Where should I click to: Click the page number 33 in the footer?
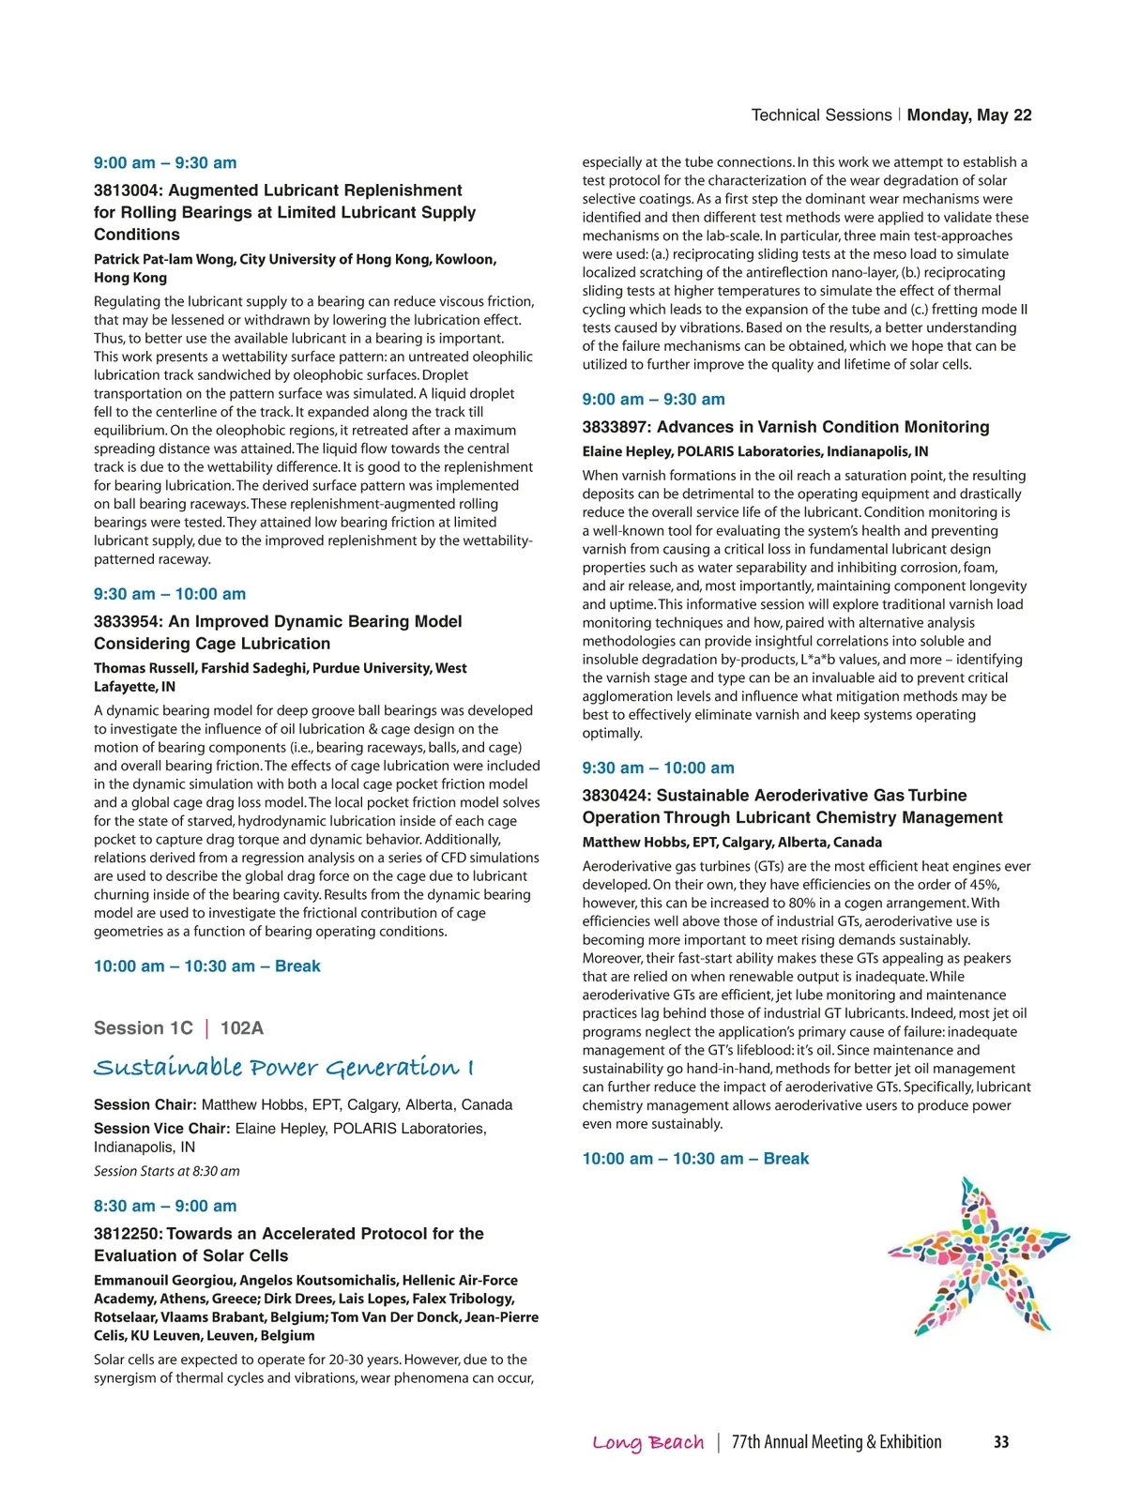pos(1001,1442)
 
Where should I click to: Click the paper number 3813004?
pos(127,190)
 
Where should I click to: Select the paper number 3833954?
pos(127,621)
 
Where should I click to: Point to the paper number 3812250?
pos(127,1234)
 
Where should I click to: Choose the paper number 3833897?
pos(616,427)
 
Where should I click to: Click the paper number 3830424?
pos(616,796)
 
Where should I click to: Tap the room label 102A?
pos(242,1028)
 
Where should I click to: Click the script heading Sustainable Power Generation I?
pos(283,1068)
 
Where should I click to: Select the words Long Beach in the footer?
pos(648,1443)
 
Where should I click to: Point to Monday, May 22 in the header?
pos(969,115)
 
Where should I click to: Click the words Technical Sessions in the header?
pos(821,115)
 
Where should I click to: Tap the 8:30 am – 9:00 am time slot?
pos(165,1207)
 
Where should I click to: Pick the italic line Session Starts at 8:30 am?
pos(167,1171)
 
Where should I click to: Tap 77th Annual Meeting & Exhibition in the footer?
pos(836,1443)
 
